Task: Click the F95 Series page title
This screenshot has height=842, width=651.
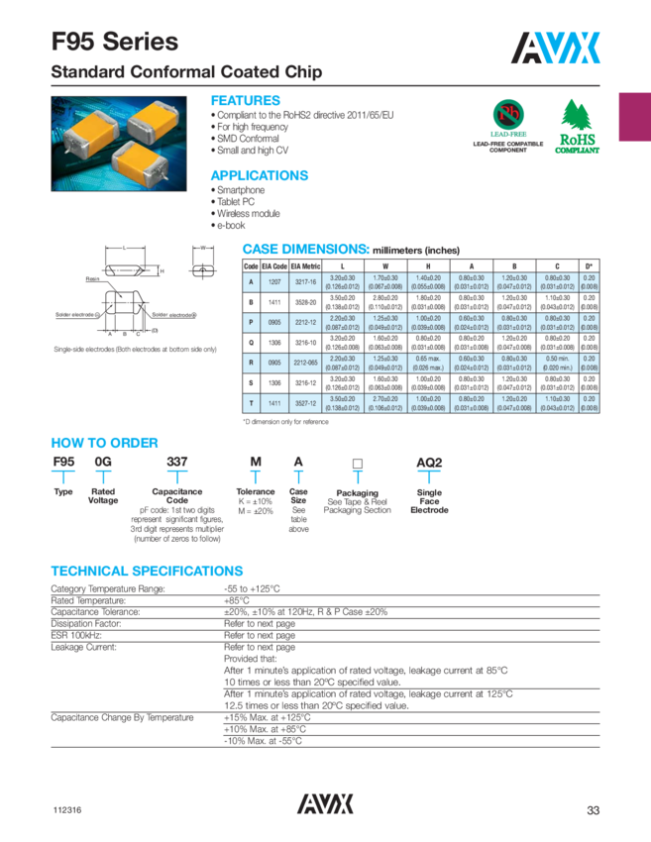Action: point(115,42)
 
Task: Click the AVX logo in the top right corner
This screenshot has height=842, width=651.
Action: point(557,46)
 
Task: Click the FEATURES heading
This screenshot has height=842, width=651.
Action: point(246,101)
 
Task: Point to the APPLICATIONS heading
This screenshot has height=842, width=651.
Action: point(260,175)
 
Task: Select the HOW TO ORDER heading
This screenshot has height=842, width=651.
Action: point(104,443)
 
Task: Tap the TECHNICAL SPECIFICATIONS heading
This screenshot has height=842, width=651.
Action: point(147,572)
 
